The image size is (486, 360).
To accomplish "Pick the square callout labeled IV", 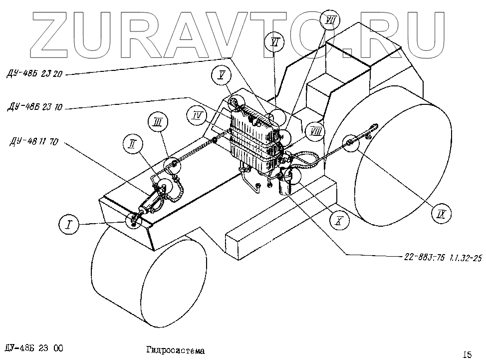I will (198, 115).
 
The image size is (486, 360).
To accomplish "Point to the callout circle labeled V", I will (221, 75).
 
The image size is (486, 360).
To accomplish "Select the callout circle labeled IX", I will (441, 214).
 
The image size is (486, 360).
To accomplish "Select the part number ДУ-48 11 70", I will (33, 142).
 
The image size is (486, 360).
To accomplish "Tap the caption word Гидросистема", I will (176, 351).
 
